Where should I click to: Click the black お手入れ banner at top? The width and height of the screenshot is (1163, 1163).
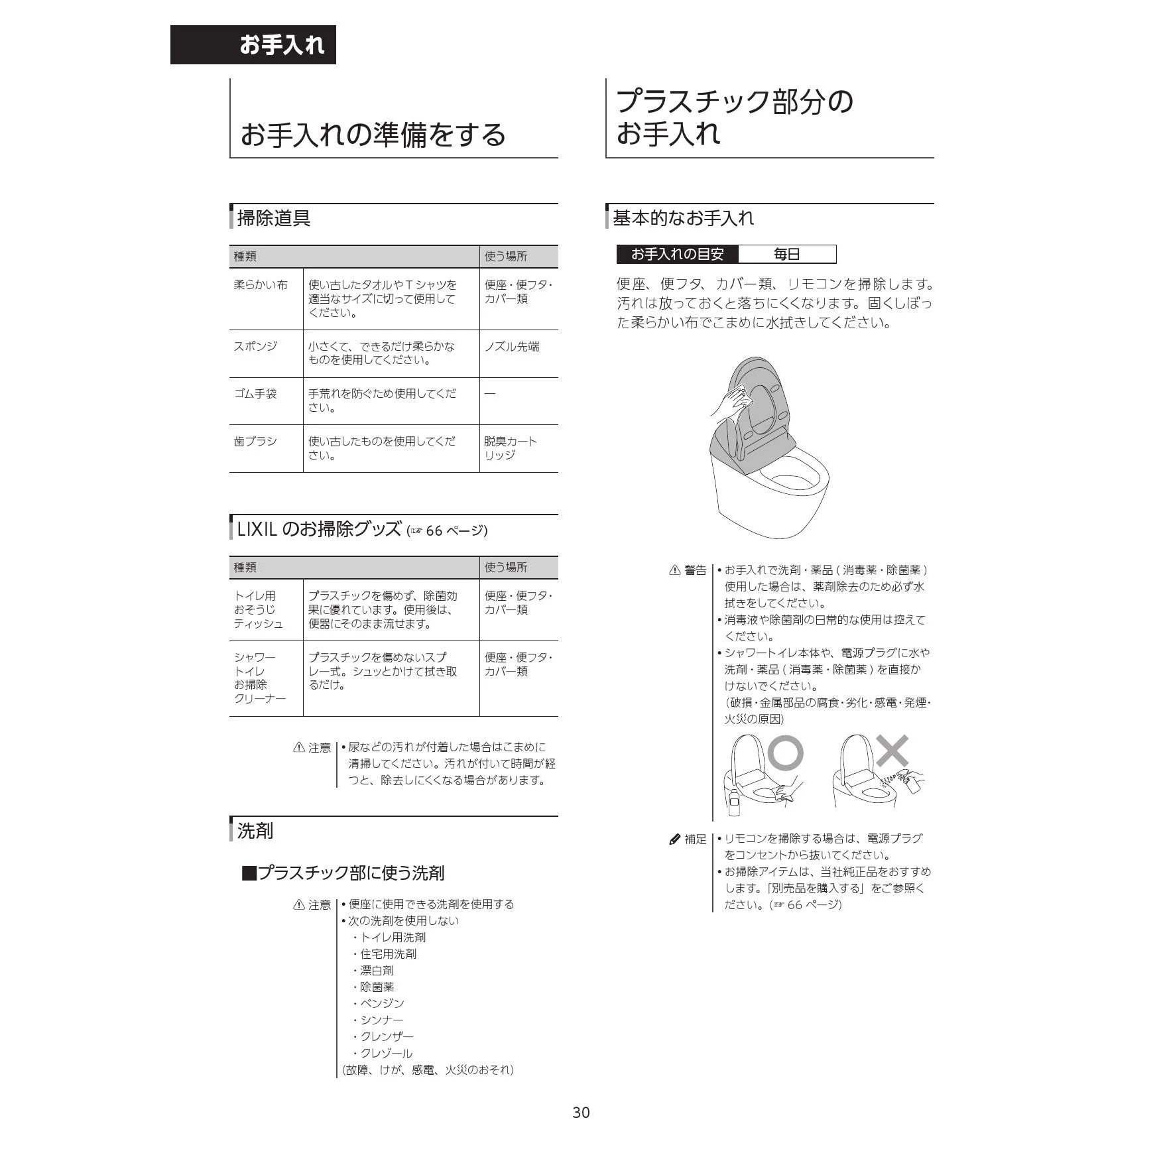253,44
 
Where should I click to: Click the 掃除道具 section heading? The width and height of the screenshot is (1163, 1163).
274,218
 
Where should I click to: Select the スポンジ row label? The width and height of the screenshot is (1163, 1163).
256,346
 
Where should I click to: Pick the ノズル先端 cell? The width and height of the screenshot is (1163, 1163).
512,346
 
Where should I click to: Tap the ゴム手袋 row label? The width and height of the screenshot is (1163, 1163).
255,394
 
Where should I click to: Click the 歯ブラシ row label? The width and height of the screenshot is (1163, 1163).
255,442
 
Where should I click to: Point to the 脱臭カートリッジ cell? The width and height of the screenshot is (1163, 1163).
510,448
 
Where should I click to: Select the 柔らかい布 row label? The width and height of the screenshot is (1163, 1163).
261,285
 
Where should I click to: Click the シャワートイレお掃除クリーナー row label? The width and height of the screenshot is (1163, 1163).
260,678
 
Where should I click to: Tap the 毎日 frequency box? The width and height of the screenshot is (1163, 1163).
787,254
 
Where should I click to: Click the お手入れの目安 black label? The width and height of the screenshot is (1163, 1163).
677,254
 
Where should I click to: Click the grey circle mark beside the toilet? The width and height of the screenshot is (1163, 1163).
786,753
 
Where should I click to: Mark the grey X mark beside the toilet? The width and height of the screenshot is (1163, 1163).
892,751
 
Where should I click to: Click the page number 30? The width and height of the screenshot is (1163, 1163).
581,1113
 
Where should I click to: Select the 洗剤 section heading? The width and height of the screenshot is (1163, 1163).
255,831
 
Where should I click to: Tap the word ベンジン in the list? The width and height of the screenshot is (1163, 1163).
382,1003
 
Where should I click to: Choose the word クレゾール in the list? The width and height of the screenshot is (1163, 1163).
386,1053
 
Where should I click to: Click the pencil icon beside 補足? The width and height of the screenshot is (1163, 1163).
675,839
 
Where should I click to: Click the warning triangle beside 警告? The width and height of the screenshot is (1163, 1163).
675,570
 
